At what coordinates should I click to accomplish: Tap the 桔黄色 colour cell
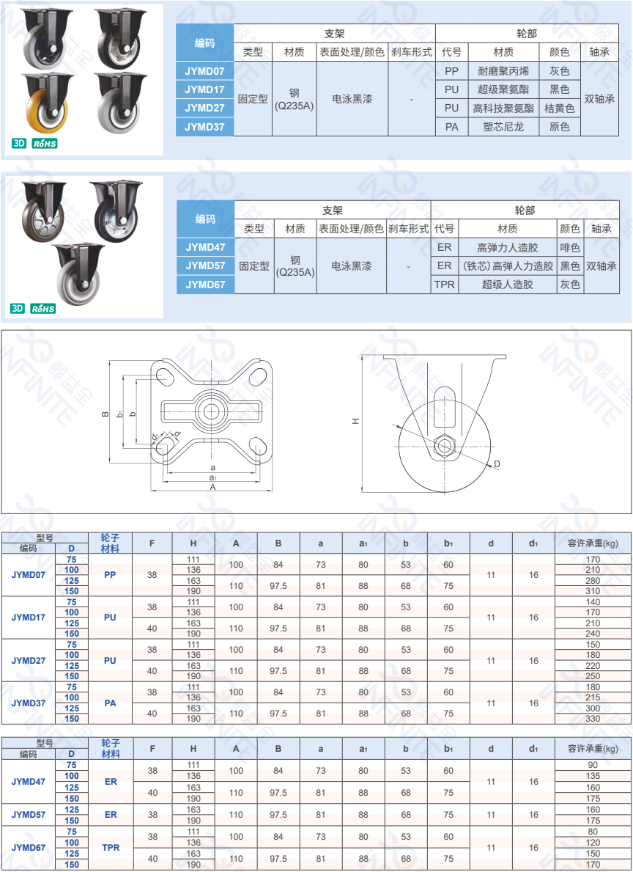(x=560, y=108)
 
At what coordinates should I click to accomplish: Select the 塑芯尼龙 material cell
(x=503, y=127)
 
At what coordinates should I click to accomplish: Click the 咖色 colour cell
(x=570, y=248)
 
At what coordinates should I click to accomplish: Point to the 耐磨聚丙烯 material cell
(x=503, y=71)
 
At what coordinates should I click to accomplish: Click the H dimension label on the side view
(x=355, y=422)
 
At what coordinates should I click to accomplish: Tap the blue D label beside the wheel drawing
(x=497, y=464)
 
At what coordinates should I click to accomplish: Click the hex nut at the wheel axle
(x=443, y=444)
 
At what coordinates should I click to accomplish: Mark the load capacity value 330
(x=593, y=719)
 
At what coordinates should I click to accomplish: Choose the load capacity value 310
(x=593, y=591)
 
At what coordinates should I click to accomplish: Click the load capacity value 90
(x=593, y=765)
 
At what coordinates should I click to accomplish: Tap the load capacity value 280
(x=593, y=581)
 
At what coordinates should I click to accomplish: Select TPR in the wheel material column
(x=111, y=848)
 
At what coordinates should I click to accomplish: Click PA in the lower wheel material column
(x=110, y=703)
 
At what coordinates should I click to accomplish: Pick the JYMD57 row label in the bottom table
(x=28, y=815)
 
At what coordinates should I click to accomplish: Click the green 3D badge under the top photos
(x=19, y=143)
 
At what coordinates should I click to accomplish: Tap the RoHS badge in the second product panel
(x=43, y=309)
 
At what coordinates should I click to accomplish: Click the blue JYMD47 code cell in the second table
(x=205, y=247)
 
